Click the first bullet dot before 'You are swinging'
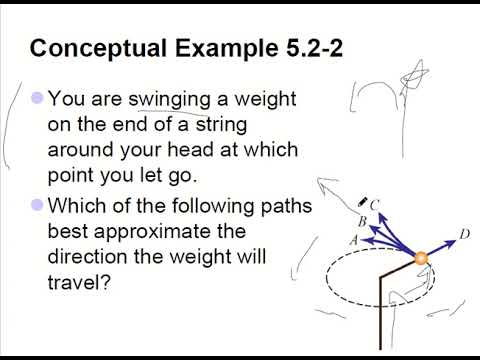tap(38, 98)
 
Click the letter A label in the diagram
tap(352, 240)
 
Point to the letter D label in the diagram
tap(465, 235)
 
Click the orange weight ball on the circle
tap(422, 259)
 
